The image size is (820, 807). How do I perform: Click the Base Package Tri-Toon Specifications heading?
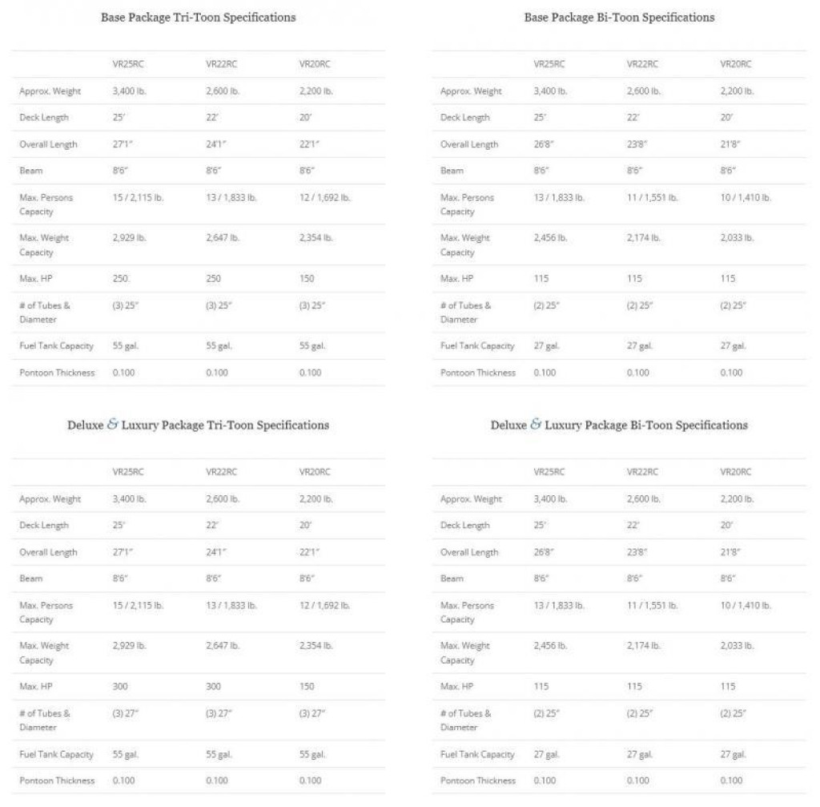pyautogui.click(x=198, y=17)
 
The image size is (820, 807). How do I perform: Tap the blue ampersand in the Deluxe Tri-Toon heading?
pyautogui.click(x=112, y=425)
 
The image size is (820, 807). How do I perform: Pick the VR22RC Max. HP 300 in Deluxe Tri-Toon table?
pyautogui.click(x=215, y=686)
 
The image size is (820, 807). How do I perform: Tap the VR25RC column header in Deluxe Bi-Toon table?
pyautogui.click(x=549, y=472)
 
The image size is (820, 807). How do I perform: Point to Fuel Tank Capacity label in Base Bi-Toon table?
pyautogui.click(x=477, y=346)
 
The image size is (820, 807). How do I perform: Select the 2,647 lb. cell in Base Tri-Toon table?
pyautogui.click(x=223, y=238)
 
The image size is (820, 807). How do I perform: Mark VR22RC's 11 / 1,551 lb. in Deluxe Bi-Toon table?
pyautogui.click(x=652, y=606)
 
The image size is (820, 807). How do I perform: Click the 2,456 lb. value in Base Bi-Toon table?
pyautogui.click(x=551, y=238)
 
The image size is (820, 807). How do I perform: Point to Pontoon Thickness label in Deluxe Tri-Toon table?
pyautogui.click(x=57, y=781)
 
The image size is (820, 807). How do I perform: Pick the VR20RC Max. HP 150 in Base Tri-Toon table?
pyautogui.click(x=307, y=278)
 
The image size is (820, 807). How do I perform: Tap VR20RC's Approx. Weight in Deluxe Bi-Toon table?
pyautogui.click(x=737, y=498)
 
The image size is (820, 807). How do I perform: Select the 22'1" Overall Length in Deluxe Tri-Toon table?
pyautogui.click(x=312, y=552)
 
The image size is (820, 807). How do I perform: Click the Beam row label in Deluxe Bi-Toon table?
pyautogui.click(x=452, y=579)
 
